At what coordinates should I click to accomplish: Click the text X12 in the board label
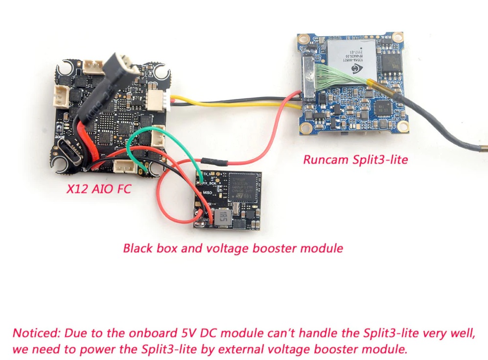[76, 189]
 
